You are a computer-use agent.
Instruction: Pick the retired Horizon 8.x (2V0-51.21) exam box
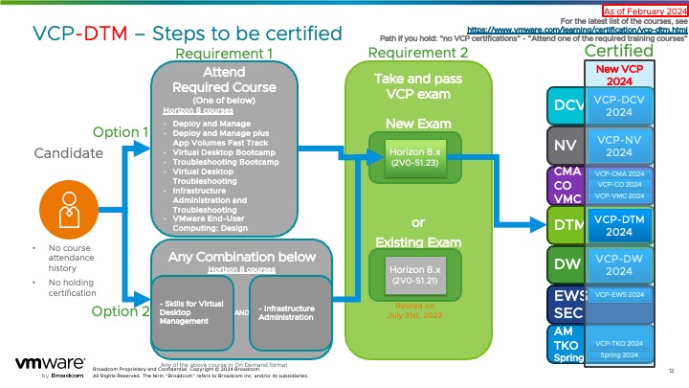pyautogui.click(x=414, y=276)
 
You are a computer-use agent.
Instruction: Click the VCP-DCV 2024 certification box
pyautogui.click(x=619, y=104)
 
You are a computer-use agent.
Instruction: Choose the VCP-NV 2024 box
pyautogui.click(x=619, y=146)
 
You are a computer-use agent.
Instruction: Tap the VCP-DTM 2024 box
pyautogui.click(x=619, y=225)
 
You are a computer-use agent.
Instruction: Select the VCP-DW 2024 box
pyautogui.click(x=619, y=263)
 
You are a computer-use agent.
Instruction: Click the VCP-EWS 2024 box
pyautogui.click(x=619, y=295)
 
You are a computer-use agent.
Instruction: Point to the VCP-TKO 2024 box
pyautogui.click(x=619, y=342)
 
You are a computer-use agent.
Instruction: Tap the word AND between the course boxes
pyautogui.click(x=242, y=313)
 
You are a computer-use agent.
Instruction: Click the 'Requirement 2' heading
pyautogui.click(x=418, y=53)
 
